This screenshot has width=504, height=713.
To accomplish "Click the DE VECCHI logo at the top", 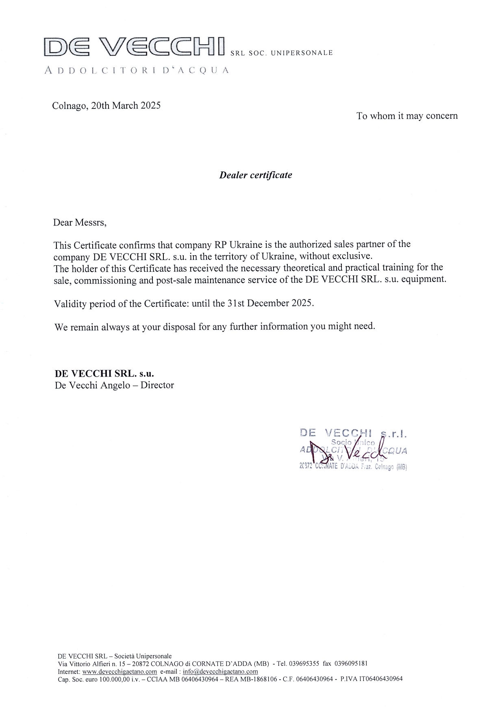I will point(134,46).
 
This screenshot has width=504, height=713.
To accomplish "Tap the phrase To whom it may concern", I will point(407,116).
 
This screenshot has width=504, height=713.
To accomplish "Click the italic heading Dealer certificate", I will point(255,175).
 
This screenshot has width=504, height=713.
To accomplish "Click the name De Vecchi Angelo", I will point(91,385).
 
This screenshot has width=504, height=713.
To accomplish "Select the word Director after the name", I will point(157,385).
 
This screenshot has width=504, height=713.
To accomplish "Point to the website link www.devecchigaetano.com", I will point(119,671).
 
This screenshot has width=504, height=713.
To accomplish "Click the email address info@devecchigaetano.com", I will point(220,671).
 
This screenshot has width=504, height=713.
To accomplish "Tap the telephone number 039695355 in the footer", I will point(303,663).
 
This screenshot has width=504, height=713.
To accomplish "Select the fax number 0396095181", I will point(351,663).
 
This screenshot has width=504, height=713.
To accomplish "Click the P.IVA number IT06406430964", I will point(378,678).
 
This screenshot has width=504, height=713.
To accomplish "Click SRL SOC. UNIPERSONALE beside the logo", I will point(281,53).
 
